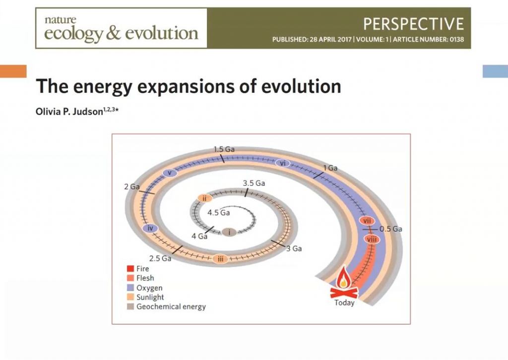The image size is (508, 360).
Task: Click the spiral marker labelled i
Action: pos(229,232)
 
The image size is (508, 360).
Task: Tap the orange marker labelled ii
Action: pos(205,198)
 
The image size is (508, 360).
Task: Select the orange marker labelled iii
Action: pos(220,259)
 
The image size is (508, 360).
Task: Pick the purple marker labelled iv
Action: pos(150,228)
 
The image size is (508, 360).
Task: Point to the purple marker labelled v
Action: pos(170,173)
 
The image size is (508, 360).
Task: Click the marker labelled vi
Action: pos(283,163)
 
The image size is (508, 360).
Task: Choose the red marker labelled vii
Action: pos(367,221)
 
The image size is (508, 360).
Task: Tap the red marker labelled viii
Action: pos(371,239)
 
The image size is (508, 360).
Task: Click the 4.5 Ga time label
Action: pos(219,213)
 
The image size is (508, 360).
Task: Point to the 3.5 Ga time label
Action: pos(254,183)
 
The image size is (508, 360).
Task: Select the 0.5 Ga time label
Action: pos(391,229)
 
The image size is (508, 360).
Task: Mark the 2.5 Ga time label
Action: pos(160,259)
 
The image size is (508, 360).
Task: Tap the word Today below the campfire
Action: pos(344,302)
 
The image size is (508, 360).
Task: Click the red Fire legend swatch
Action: pos(130,269)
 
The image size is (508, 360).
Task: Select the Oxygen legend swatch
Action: pos(130,288)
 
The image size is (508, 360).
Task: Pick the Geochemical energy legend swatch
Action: pos(130,306)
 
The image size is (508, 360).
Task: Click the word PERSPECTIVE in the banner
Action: pos(413,24)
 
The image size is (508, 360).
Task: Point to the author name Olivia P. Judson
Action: pos(69,112)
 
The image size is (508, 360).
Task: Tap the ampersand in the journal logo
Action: pos(113,33)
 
